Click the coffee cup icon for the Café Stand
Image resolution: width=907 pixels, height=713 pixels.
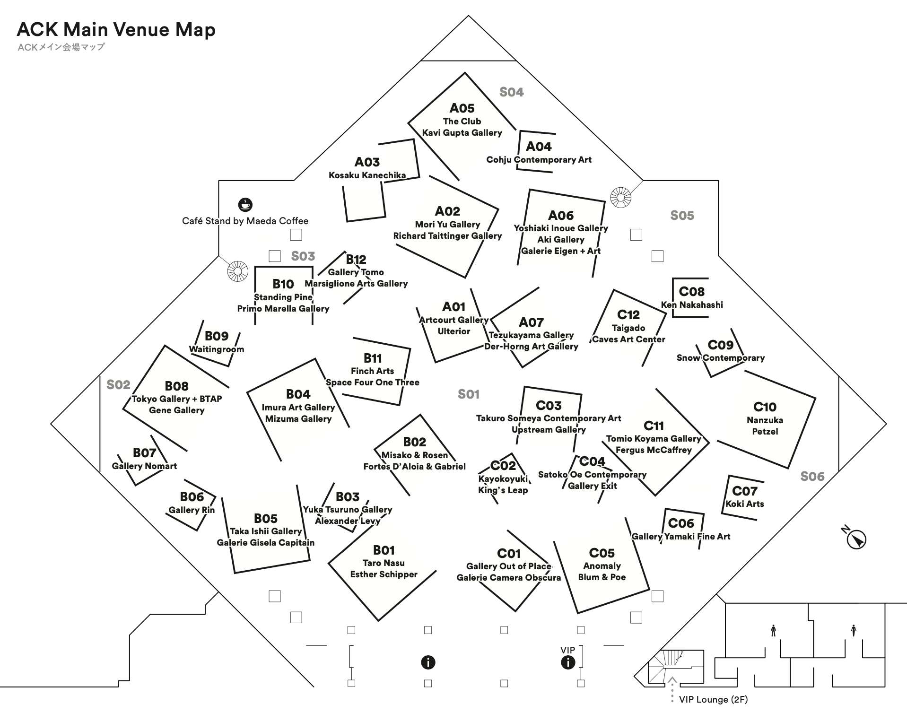tap(245, 205)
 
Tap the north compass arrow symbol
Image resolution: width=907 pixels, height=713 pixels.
tap(855, 538)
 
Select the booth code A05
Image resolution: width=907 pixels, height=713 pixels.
tap(462, 108)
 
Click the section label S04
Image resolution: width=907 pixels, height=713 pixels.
tap(512, 92)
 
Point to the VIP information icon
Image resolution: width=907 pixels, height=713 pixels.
tap(568, 662)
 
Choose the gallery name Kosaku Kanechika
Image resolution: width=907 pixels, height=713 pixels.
tap(367, 175)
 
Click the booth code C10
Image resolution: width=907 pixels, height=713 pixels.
tap(765, 407)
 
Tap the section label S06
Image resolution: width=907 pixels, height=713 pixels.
tap(812, 477)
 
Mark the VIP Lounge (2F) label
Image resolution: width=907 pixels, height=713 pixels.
tap(714, 699)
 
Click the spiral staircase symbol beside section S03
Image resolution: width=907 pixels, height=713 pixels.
tap(237, 271)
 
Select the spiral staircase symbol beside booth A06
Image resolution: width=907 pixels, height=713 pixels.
tap(620, 197)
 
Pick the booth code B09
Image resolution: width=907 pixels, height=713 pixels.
tap(217, 336)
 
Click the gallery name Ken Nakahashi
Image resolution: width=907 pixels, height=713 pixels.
tap(692, 305)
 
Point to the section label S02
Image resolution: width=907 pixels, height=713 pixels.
tap(118, 385)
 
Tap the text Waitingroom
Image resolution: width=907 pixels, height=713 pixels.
tap(217, 349)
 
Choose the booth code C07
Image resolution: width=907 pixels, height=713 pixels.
tap(745, 491)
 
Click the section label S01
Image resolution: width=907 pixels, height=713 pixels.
tap(469, 394)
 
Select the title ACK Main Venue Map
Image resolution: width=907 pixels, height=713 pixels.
tap(116, 29)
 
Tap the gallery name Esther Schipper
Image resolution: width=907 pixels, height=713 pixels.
tap(384, 574)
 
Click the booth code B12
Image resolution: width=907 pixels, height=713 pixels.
tap(356, 260)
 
